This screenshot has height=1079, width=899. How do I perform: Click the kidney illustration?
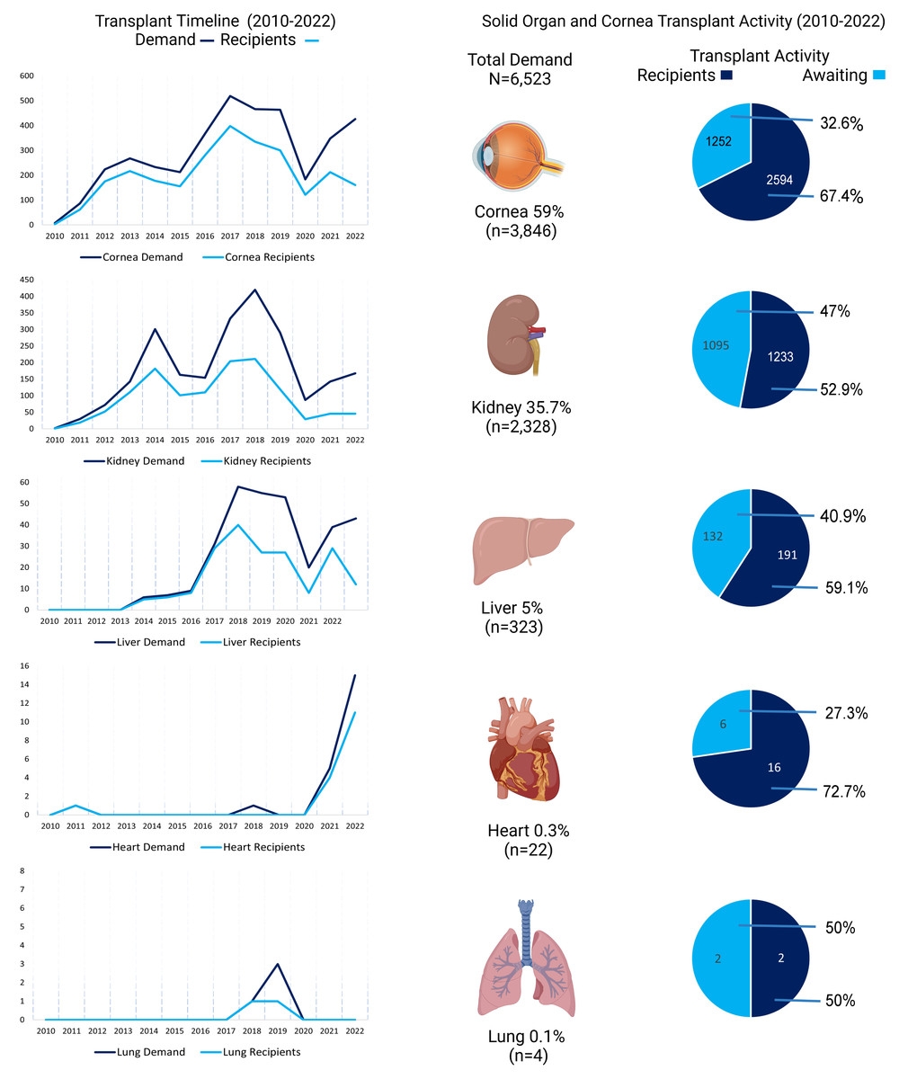point(516,334)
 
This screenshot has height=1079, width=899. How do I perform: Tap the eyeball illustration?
point(518,156)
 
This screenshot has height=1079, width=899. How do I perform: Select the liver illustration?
point(523,549)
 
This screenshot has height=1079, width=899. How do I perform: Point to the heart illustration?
point(522,748)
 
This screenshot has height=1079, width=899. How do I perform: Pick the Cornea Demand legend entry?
point(131,257)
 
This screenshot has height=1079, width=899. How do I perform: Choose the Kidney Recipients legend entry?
point(255,460)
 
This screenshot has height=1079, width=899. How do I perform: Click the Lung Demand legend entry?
point(139,1051)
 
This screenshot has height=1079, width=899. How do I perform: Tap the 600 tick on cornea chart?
point(27,76)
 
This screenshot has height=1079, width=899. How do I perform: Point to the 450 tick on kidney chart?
point(27,280)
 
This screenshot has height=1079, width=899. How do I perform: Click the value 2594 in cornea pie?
point(779,179)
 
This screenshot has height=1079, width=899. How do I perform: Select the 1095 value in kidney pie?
point(716,345)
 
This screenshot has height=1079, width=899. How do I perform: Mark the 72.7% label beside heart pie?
point(844,791)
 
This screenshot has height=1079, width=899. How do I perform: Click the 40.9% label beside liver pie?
point(842,516)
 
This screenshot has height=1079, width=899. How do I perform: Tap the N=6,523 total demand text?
point(520,79)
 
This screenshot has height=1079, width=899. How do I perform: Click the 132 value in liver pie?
point(713,536)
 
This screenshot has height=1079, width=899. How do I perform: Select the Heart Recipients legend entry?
point(253,846)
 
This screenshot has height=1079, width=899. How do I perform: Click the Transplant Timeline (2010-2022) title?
point(216,22)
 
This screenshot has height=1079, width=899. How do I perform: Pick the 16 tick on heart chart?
point(24,665)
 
